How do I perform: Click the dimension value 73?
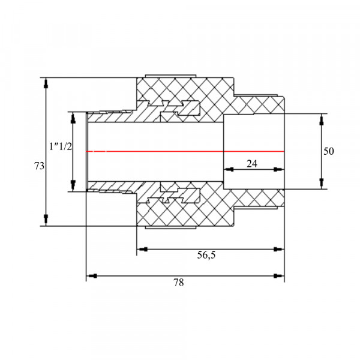pyautogui.click(x=39, y=166)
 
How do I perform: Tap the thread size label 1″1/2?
pyautogui.click(x=61, y=146)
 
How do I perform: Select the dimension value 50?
pyautogui.click(x=329, y=151)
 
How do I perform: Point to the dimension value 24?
pyautogui.click(x=252, y=164)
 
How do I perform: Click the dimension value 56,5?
pyautogui.click(x=206, y=255)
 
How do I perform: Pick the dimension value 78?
pyautogui.click(x=179, y=283)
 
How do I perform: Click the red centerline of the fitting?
pyautogui.click(x=185, y=151)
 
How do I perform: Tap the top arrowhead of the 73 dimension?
pyautogui.click(x=46, y=83)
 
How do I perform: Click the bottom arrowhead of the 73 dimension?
pyautogui.click(x=46, y=220)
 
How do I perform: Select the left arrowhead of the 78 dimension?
pyautogui.click(x=92, y=276)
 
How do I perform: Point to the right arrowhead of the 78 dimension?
pyautogui.click(x=278, y=276)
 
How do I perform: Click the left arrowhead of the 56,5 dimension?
pyautogui.click(x=142, y=250)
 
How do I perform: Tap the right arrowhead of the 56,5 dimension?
pyautogui.click(x=278, y=250)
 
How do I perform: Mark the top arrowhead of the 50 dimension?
pyautogui.click(x=322, y=119)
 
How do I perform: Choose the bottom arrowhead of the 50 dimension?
pyautogui.click(x=322, y=183)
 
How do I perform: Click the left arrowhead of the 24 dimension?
pyautogui.click(x=229, y=169)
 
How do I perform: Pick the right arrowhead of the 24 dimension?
pyautogui.click(x=279, y=169)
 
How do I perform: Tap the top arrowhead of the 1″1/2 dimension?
pyautogui.click(x=73, y=118)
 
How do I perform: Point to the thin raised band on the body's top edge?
pyautogui.click(x=171, y=76)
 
